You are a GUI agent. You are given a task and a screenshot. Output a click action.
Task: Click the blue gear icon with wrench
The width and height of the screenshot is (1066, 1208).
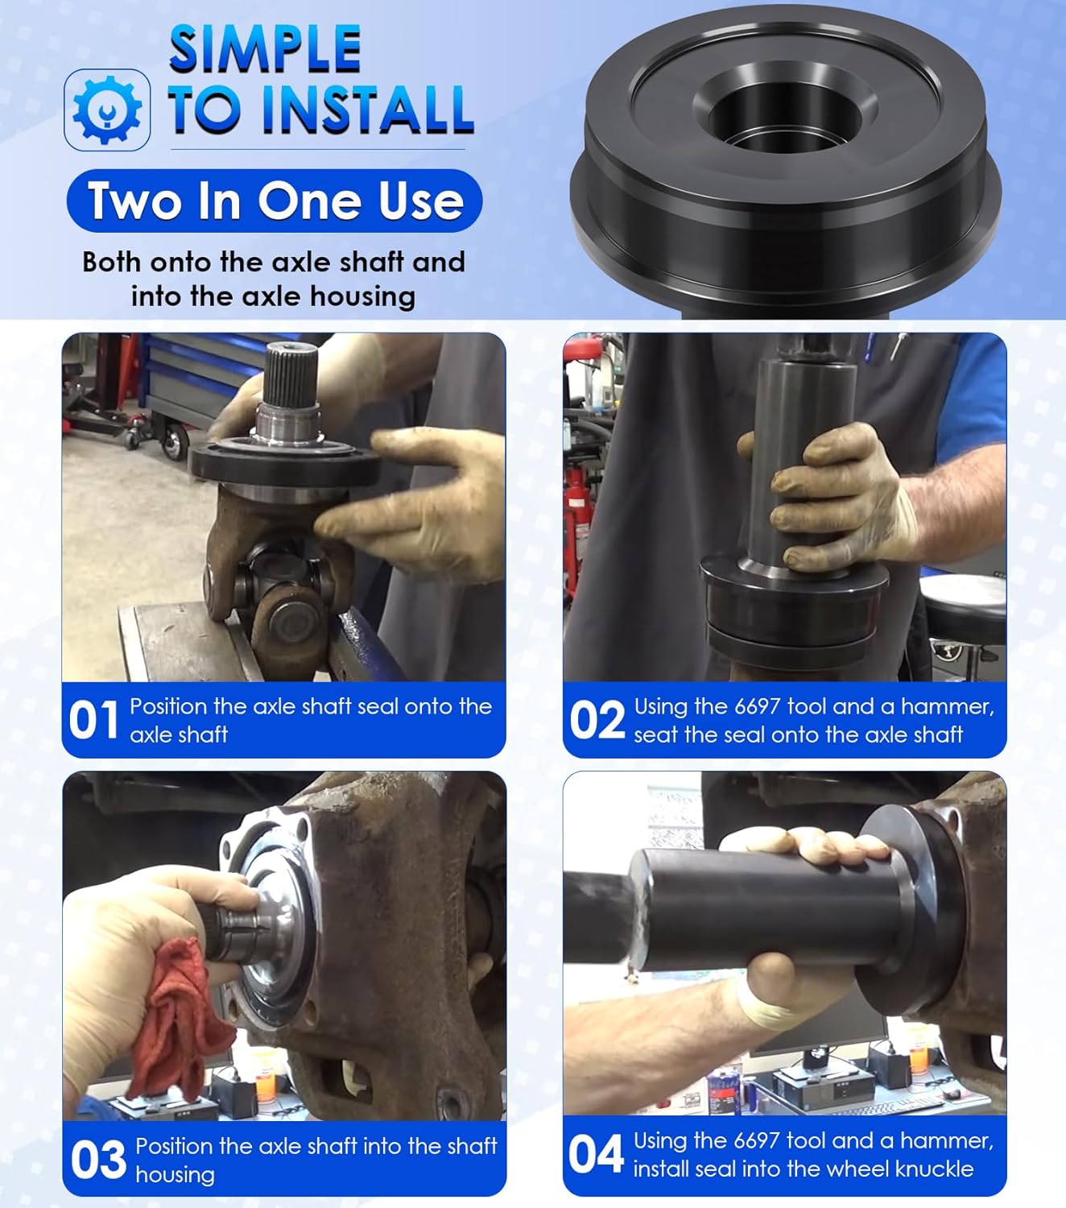tap(107, 110)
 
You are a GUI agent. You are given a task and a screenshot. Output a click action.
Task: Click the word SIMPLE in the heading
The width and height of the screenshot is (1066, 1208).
tap(266, 49)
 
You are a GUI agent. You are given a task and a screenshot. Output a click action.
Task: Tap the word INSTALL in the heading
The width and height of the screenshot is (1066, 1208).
tap(368, 109)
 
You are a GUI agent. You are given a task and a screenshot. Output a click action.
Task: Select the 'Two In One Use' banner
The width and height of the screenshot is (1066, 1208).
tap(275, 201)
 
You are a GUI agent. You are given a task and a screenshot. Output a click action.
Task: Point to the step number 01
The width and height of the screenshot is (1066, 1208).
tap(93, 720)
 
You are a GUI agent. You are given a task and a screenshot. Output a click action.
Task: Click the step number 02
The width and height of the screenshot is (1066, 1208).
tap(597, 720)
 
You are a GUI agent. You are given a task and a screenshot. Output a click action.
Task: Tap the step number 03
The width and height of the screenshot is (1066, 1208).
tap(98, 1159)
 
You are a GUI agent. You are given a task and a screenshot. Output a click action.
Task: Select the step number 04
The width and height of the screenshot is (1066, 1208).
tap(596, 1154)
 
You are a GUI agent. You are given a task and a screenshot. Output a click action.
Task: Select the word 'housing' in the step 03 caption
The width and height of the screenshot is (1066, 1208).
tap(175, 1175)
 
